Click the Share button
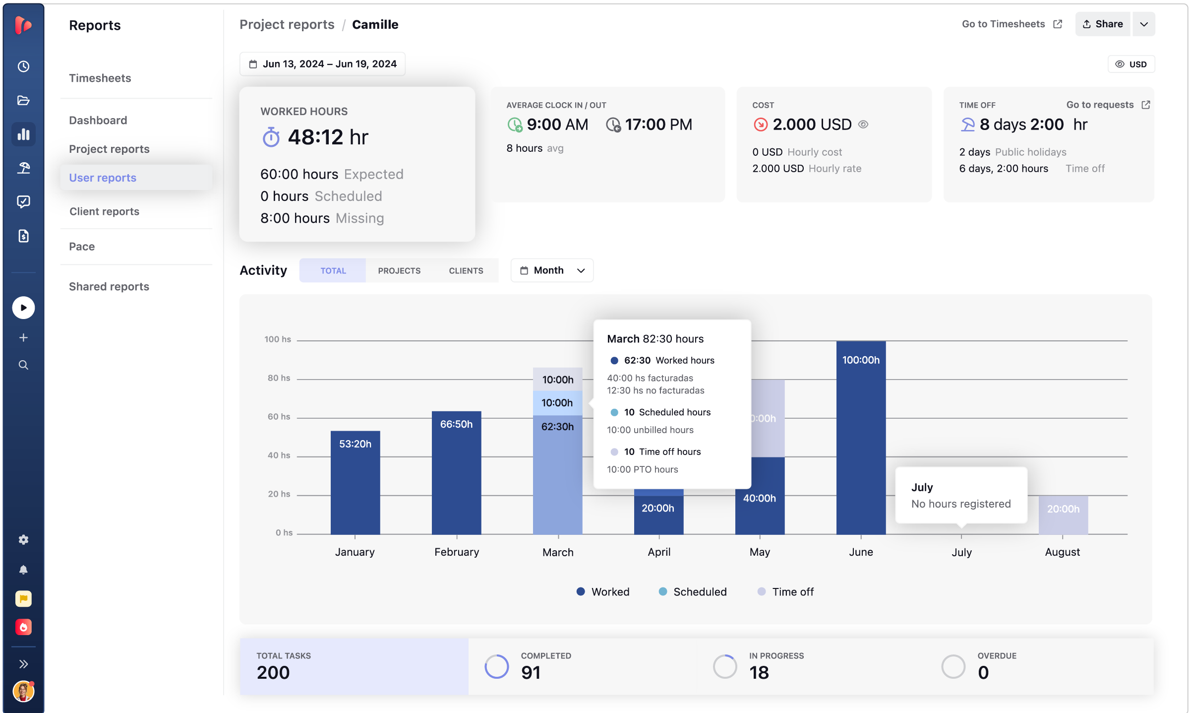point(1102,24)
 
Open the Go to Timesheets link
point(1011,24)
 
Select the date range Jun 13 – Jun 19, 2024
point(322,64)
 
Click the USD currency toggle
point(1131,64)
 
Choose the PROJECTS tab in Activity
point(399,270)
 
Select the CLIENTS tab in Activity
point(466,270)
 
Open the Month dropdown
point(552,270)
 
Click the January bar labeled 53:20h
point(355,482)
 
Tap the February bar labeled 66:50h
point(456,472)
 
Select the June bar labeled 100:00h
point(861,438)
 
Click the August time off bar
point(1063,515)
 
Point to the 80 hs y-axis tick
point(279,378)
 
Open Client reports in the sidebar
point(104,211)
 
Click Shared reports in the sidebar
point(109,286)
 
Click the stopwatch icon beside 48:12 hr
point(271,137)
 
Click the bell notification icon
point(23,570)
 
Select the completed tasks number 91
point(531,672)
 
